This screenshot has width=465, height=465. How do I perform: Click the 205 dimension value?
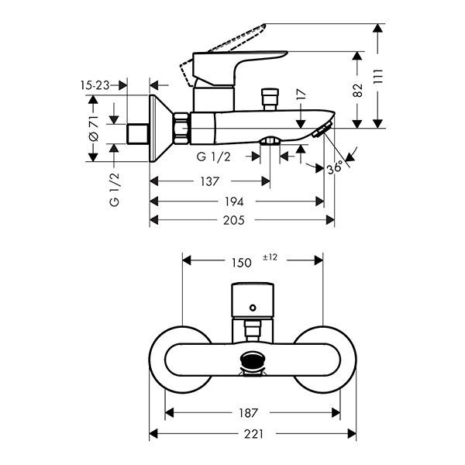[233, 220]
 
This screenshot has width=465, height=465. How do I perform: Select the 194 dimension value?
[233, 201]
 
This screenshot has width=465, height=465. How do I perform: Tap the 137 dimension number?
[208, 181]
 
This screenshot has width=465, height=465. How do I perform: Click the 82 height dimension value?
[357, 89]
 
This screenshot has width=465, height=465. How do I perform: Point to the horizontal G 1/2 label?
[213, 157]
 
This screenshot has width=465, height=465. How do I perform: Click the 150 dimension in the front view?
[241, 263]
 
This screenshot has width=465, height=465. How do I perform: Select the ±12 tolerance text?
[270, 257]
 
